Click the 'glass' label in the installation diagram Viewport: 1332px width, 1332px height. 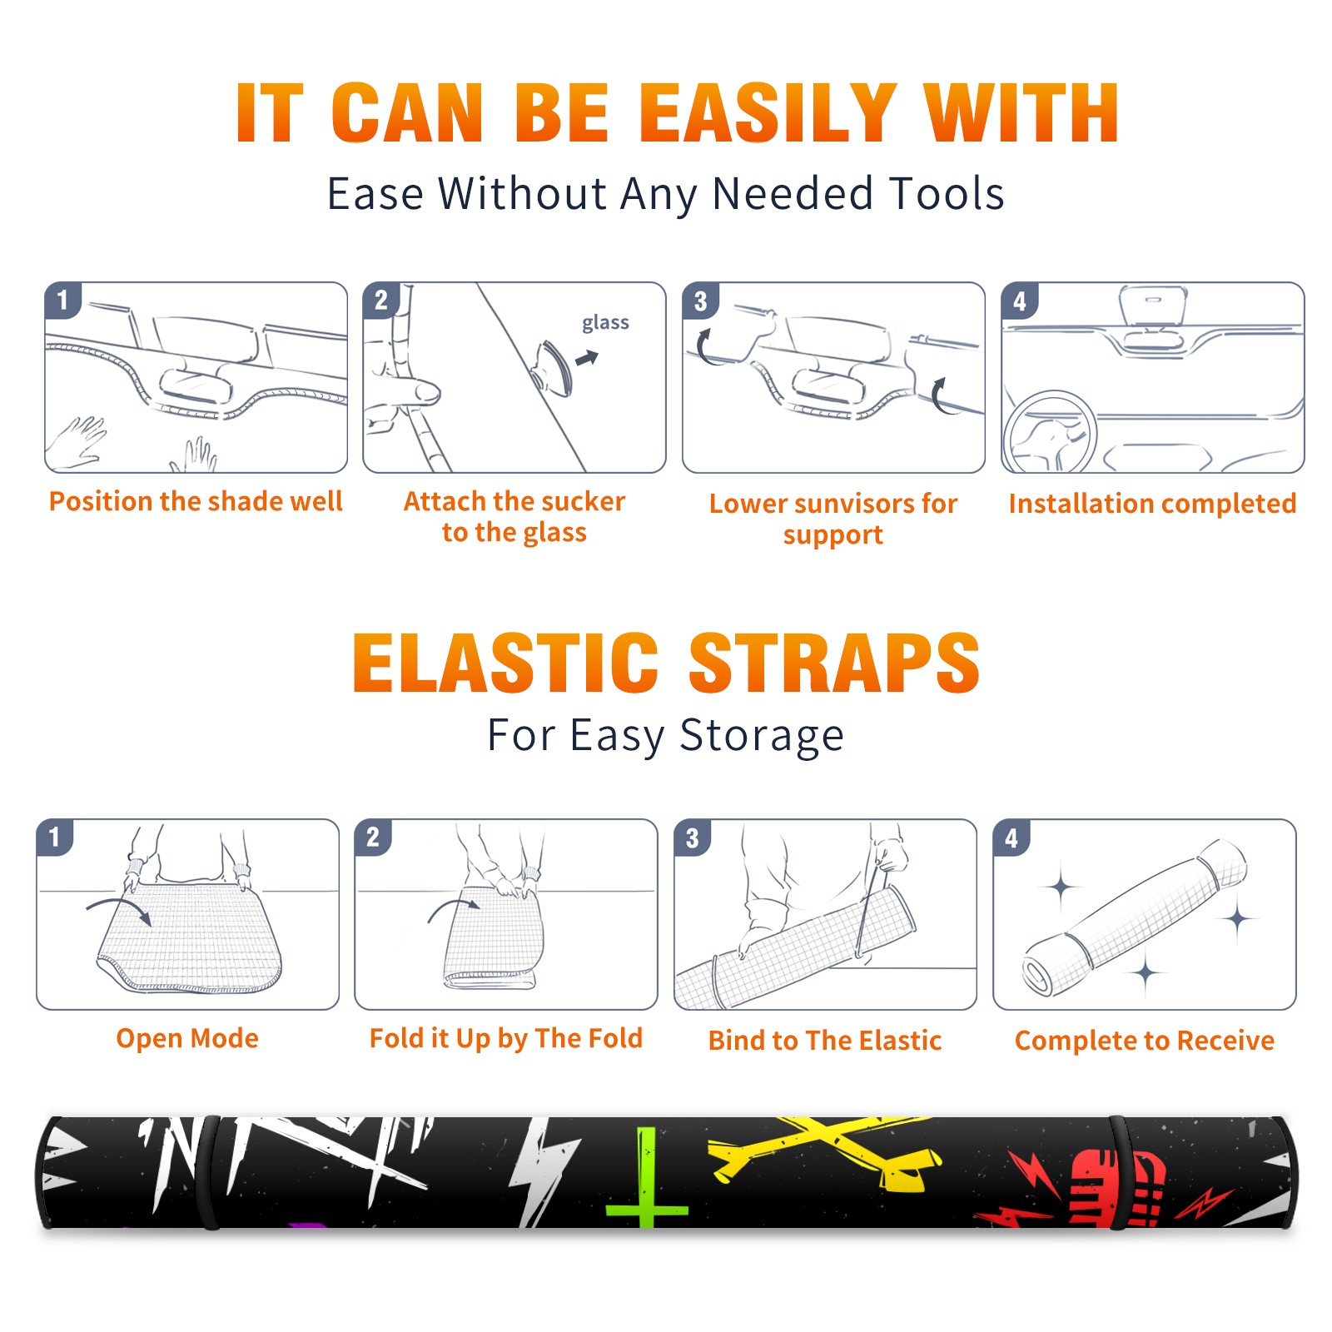click(605, 323)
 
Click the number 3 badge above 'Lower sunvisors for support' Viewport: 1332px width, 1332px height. click(700, 301)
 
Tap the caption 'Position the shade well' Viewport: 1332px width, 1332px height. click(196, 501)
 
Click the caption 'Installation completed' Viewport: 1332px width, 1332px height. click(1152, 504)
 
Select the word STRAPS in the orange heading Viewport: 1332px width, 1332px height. click(834, 663)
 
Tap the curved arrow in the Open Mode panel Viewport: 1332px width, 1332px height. click(119, 909)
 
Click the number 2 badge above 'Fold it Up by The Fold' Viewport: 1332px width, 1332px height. click(372, 837)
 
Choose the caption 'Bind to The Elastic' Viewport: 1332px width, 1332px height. click(824, 1041)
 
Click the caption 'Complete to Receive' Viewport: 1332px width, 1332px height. click(1145, 1041)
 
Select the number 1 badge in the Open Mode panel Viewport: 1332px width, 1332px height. click(54, 837)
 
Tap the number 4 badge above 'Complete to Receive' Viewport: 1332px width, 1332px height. click(1011, 837)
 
